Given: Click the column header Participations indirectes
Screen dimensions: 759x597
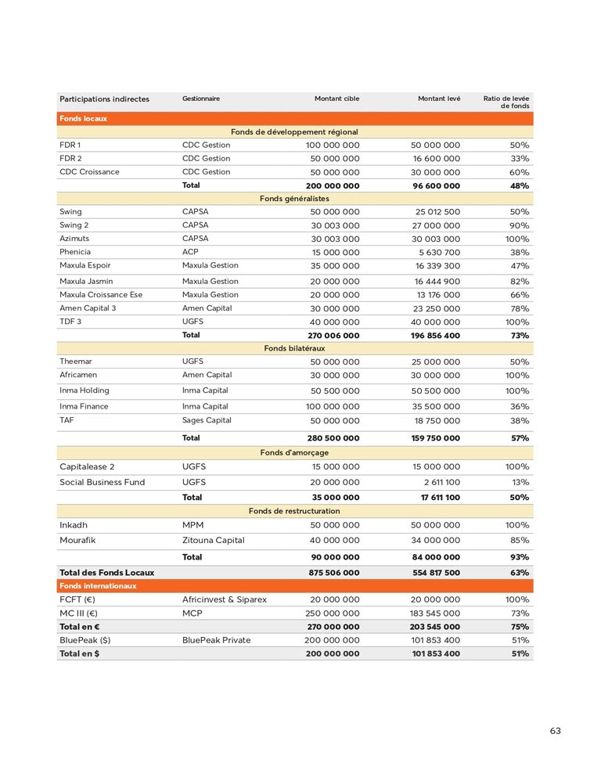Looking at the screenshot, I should (104, 99).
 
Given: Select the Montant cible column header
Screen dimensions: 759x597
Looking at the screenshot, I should (336, 99).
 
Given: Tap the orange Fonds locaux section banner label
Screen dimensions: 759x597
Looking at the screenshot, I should (83, 119).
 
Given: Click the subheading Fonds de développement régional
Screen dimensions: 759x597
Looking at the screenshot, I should (294, 132).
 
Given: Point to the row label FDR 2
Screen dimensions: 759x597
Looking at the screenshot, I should (70, 158).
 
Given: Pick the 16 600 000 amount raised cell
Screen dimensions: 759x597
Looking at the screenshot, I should (436, 158).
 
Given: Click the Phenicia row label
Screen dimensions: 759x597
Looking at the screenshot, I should (75, 252).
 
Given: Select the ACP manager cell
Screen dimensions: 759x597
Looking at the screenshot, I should (191, 252).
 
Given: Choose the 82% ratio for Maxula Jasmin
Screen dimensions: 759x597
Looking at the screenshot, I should (519, 281).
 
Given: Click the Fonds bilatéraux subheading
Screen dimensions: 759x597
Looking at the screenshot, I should (294, 348).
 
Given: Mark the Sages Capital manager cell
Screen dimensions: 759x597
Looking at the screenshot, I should (207, 420).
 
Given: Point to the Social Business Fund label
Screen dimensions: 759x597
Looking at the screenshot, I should (102, 482).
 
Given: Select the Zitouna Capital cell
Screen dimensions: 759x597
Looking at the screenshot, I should (213, 540).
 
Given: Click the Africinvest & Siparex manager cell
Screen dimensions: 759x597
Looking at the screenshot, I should (225, 599).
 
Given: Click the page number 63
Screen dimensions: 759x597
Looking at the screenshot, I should (555, 731).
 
